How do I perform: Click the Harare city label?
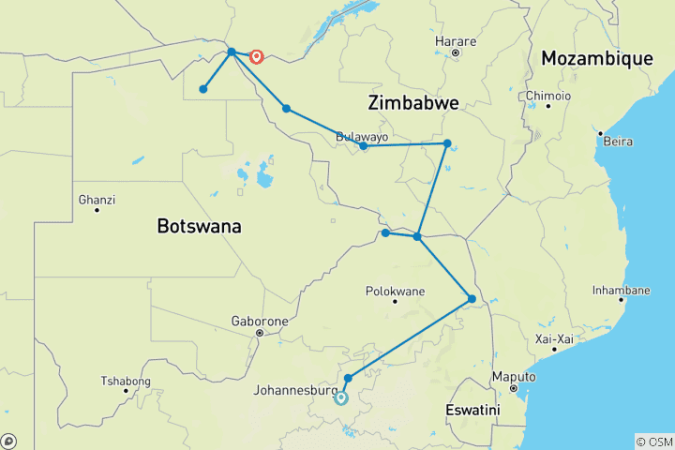pyautogui.click(x=457, y=41)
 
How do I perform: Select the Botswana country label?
pyautogui.click(x=199, y=226)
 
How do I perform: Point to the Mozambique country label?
pyautogui.click(x=596, y=59)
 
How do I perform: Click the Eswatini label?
pyautogui.click(x=472, y=411)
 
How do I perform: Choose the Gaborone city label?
pyautogui.click(x=260, y=320)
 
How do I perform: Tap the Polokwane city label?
pyautogui.click(x=395, y=290)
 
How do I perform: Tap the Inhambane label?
pyautogui.click(x=621, y=290)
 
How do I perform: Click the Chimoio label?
pyautogui.click(x=547, y=95)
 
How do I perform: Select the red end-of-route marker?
pyautogui.click(x=255, y=56)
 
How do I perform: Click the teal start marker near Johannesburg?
pyautogui.click(x=341, y=397)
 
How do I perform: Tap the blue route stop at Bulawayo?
pyautogui.click(x=364, y=146)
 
